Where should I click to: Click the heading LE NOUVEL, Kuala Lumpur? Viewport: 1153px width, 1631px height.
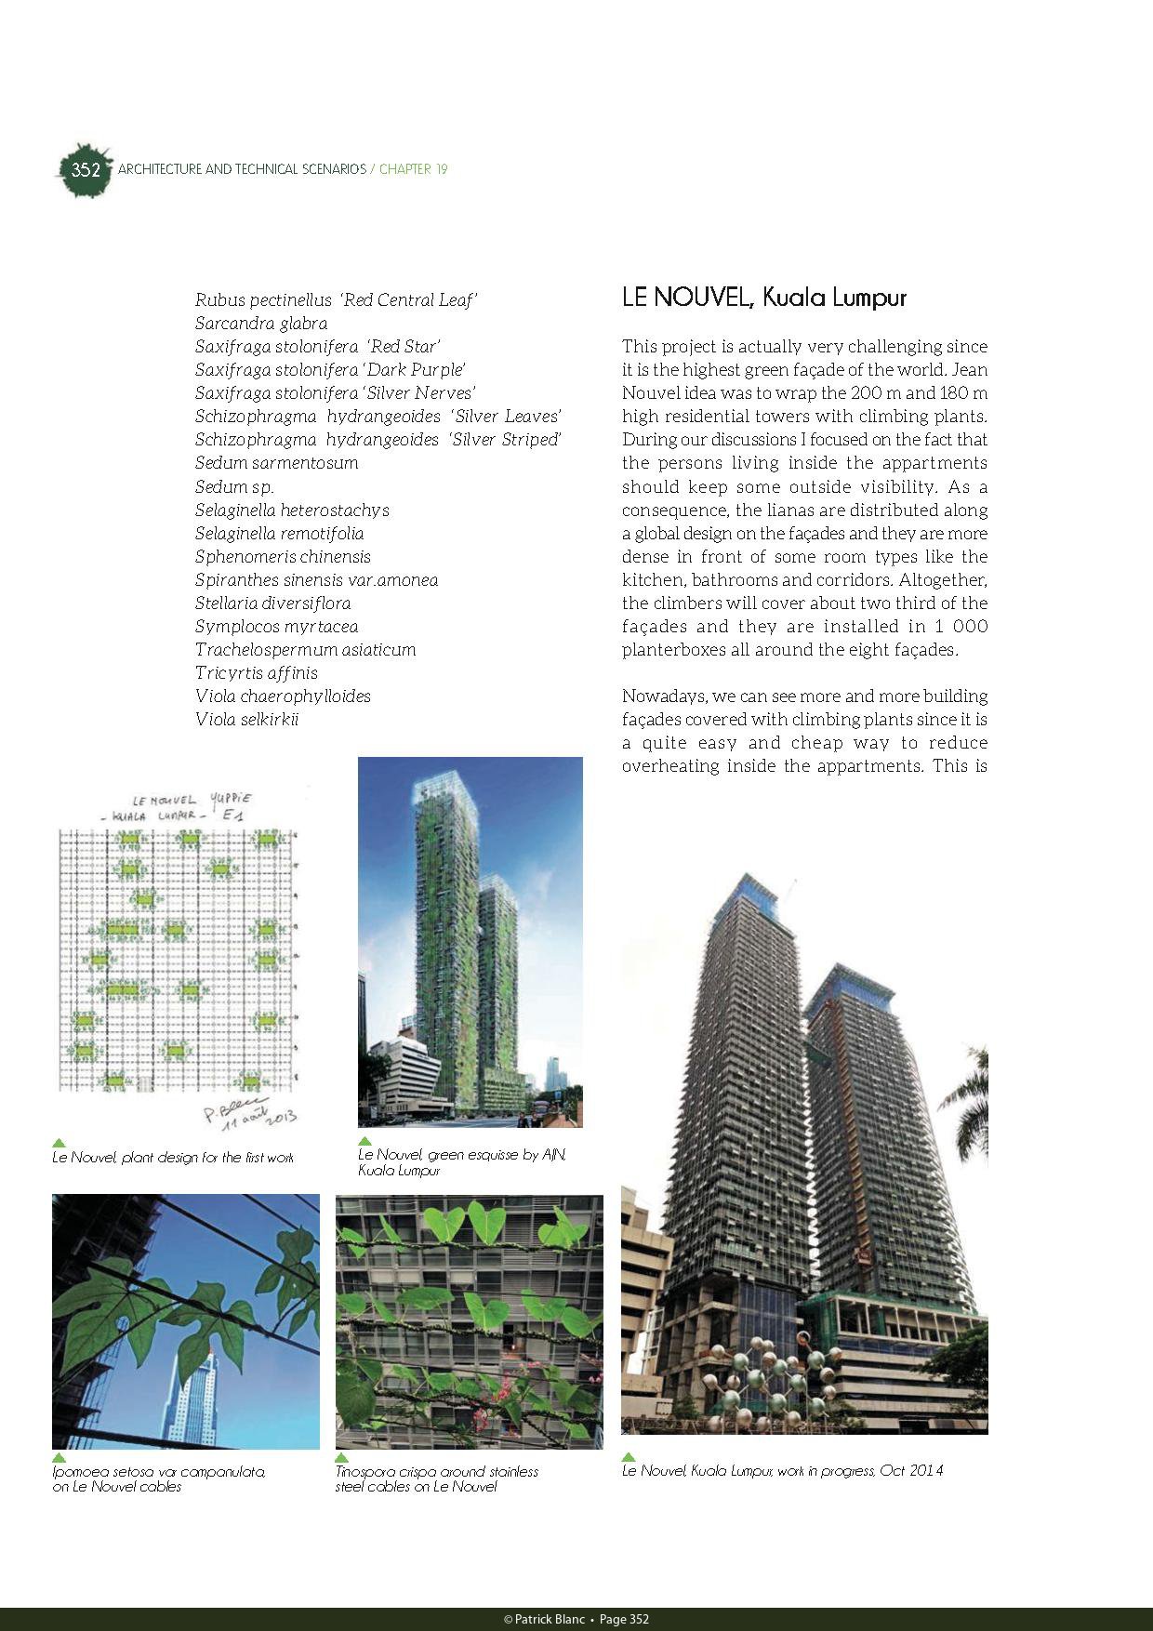tap(763, 298)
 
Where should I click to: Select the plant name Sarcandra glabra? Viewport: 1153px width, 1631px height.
tap(261, 324)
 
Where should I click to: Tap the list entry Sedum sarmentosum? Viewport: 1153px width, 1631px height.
tap(276, 463)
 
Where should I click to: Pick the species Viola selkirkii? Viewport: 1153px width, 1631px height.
tap(246, 719)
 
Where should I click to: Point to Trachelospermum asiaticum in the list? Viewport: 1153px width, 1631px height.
tap(305, 649)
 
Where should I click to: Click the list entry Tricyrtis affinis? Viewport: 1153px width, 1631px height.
tap(256, 672)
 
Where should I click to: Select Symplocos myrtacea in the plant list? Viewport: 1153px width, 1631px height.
tap(276, 626)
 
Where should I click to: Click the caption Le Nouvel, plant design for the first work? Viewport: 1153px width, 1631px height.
tap(173, 1158)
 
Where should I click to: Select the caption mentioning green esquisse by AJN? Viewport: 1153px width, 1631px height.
tap(461, 1162)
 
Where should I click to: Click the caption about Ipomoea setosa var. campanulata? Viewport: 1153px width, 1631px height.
tap(159, 1479)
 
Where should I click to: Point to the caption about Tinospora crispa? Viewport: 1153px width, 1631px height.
tap(436, 1479)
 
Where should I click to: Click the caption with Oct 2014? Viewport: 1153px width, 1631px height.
tap(782, 1470)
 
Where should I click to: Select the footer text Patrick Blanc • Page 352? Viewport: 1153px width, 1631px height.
tap(576, 1619)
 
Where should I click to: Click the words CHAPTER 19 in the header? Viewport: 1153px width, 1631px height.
tap(414, 169)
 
